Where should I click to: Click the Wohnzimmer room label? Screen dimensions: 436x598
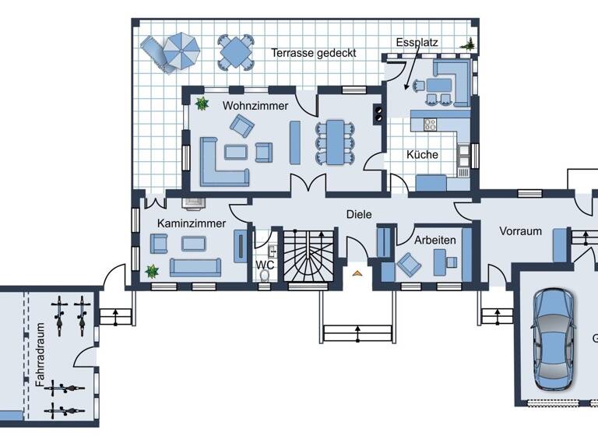click(x=255, y=105)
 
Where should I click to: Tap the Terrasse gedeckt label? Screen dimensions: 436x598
click(x=314, y=53)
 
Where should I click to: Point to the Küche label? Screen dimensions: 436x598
click(x=422, y=154)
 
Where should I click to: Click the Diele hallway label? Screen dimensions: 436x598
click(x=359, y=214)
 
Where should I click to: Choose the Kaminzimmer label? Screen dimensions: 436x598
click(x=191, y=223)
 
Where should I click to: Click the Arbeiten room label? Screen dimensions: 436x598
click(x=434, y=240)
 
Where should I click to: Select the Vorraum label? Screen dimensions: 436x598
click(x=520, y=231)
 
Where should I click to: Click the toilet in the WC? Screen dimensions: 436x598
click(x=267, y=274)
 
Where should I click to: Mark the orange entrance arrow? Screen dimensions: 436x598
click(x=357, y=272)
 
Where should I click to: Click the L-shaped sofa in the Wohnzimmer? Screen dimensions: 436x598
click(x=220, y=162)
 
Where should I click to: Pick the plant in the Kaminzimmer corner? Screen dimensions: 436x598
click(x=152, y=271)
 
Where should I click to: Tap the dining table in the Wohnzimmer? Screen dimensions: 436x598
click(x=334, y=142)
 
